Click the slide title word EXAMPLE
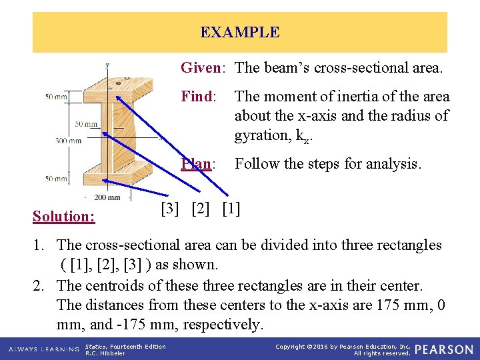tap(239, 32)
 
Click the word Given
tap(200, 67)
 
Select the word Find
tap(197, 97)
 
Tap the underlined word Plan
tap(197, 164)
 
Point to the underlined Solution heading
tap(64, 216)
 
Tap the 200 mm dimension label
tap(107, 197)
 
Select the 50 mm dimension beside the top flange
tap(57, 97)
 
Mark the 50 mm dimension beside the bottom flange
tap(57, 178)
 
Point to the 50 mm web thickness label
tap(86, 124)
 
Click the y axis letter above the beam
tap(107, 65)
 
